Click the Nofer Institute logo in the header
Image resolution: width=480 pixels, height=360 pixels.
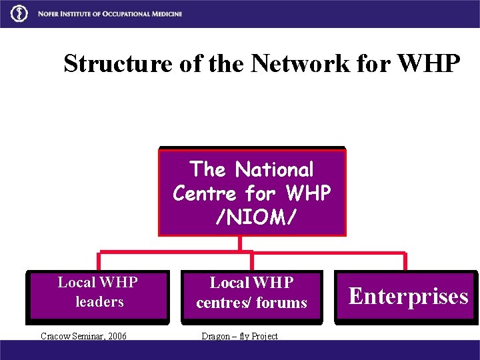click(x=21, y=13)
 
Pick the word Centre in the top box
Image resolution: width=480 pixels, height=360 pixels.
click(x=205, y=193)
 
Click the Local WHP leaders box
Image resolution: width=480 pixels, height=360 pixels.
click(x=99, y=293)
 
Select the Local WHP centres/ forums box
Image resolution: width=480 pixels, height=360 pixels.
click(x=251, y=293)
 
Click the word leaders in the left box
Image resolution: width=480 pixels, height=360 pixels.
click(x=99, y=302)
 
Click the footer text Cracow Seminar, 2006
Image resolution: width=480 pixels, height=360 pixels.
click(x=83, y=336)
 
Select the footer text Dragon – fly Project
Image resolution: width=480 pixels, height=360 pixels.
click(x=239, y=336)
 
